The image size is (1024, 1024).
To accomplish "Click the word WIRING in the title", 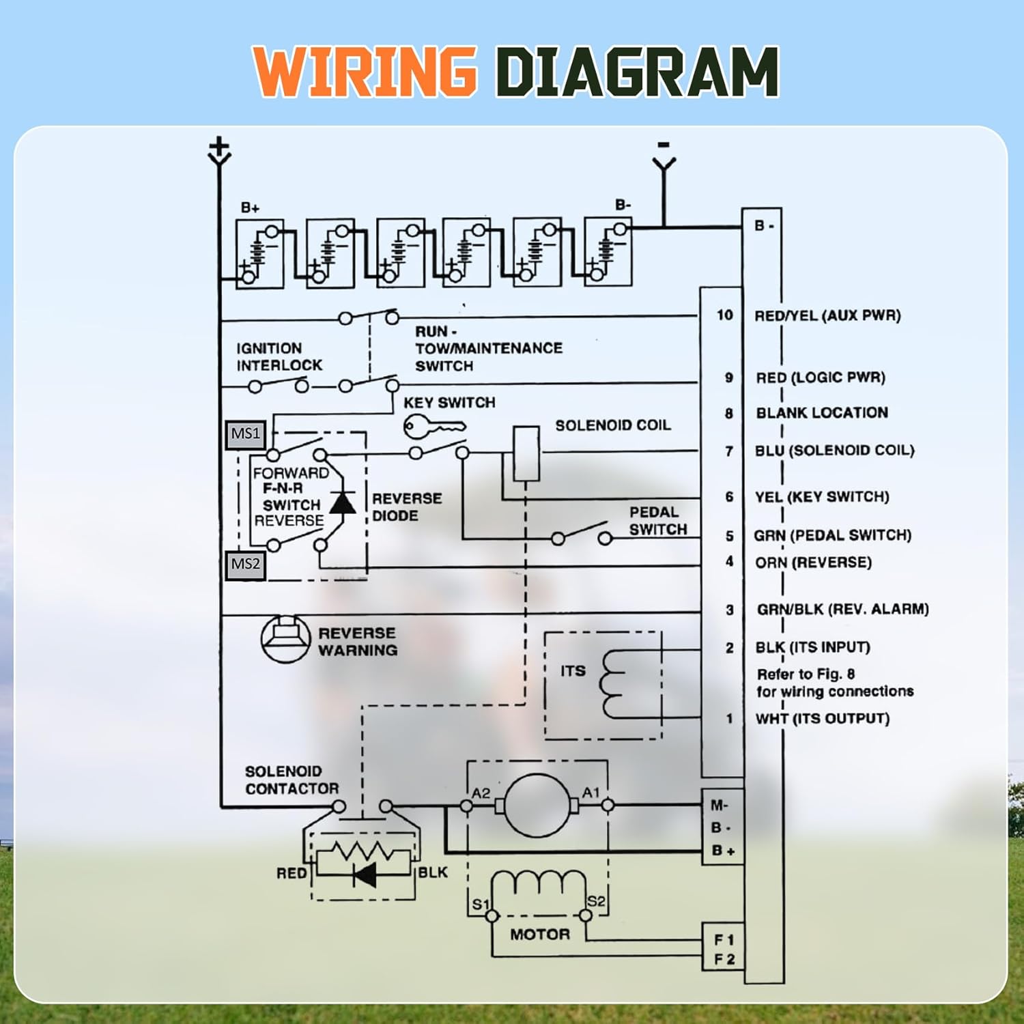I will (365, 71).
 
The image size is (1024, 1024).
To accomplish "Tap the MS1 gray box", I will (246, 434).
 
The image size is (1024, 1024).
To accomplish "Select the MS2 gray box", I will (246, 565).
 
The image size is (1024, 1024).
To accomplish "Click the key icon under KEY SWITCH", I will (433, 427).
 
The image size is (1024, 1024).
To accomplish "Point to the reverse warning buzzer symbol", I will (285, 639).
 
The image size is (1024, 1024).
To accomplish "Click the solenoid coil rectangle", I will (526, 453).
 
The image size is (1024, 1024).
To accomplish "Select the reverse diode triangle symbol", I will (342, 503).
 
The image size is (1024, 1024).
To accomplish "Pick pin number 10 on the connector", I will (724, 315).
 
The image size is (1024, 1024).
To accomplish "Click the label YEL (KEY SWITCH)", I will (822, 497).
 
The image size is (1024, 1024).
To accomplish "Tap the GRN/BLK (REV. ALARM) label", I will (842, 609).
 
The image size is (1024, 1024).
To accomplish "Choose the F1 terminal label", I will (724, 940).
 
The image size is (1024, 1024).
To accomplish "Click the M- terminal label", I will (720, 806).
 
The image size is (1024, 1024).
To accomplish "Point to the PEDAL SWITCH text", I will (657, 521).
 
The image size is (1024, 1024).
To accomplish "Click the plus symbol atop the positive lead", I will (219, 146).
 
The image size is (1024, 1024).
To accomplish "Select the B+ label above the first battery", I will (250, 208).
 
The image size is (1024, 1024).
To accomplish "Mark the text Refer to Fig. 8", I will (806, 674).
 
